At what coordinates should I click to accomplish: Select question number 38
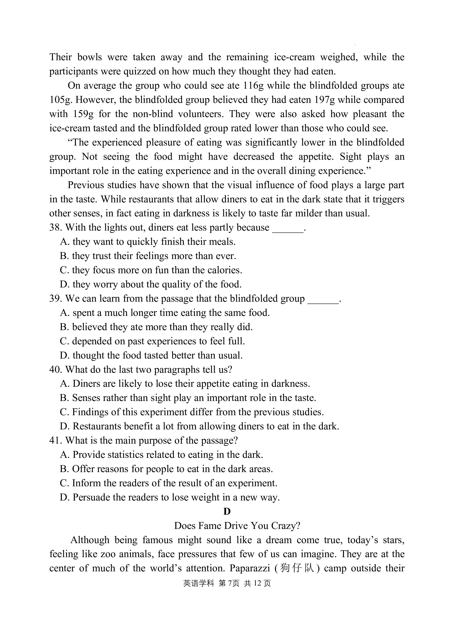pos(55,227)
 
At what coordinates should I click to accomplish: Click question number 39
pos(55,299)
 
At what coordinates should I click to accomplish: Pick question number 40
pos(55,370)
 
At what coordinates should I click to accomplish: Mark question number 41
pos(55,441)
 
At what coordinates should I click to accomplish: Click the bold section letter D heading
pos(227,512)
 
